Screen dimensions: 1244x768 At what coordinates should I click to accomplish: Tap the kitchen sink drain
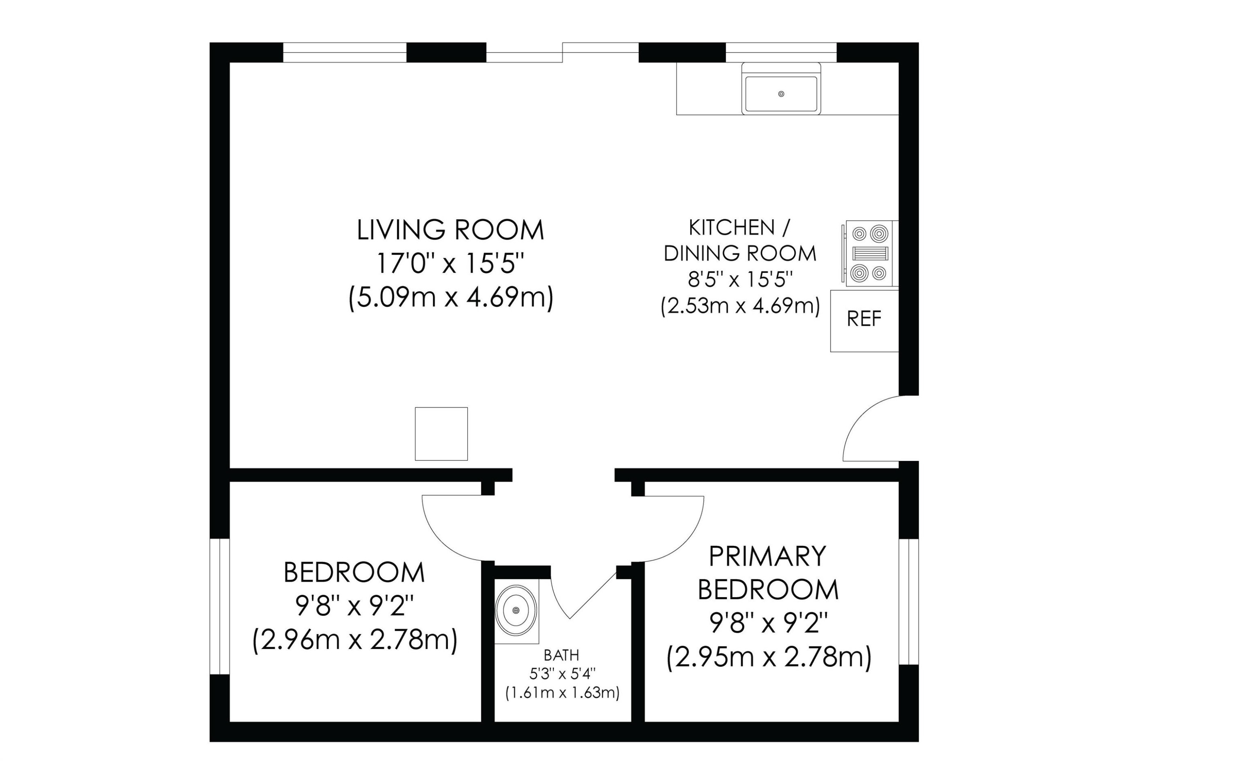[x=781, y=94]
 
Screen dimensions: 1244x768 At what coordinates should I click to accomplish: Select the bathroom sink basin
[x=516, y=610]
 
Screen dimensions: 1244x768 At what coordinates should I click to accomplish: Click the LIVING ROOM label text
[x=450, y=230]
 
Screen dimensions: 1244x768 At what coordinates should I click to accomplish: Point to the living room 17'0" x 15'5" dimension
[x=450, y=263]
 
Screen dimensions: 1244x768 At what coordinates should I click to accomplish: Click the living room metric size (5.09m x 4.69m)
[x=451, y=297]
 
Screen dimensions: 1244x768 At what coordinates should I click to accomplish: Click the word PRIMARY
[x=767, y=556]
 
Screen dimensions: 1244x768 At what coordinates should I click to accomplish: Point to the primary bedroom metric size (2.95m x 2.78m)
[x=769, y=657]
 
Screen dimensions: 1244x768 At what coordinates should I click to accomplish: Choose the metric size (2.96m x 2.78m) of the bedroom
[x=355, y=640]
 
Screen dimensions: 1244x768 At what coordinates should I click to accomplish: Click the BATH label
[x=561, y=655]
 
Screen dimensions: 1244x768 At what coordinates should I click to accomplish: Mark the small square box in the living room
[x=441, y=434]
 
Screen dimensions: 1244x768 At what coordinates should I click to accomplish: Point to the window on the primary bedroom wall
[x=909, y=602]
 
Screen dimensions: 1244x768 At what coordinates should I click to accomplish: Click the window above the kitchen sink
[x=781, y=52]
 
